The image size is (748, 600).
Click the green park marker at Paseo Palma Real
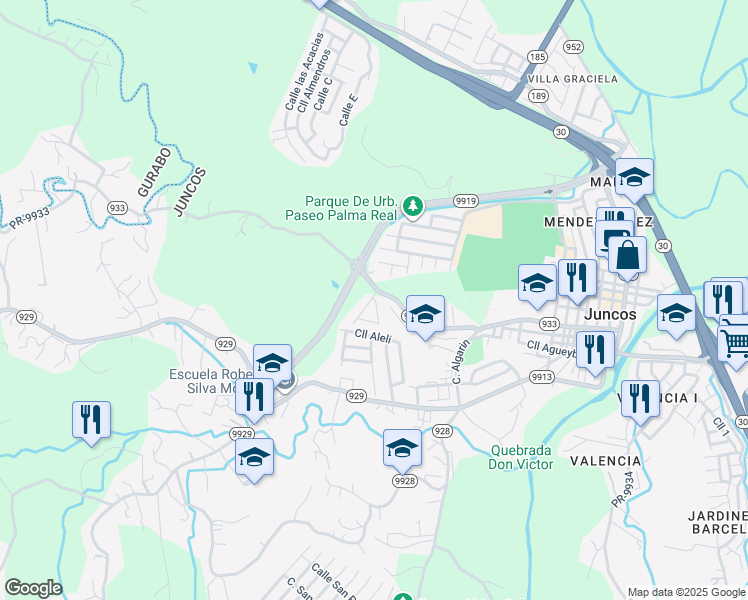[x=413, y=207]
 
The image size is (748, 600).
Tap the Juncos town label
[x=607, y=314]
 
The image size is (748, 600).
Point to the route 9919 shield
[x=465, y=200]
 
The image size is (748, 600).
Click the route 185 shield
[x=538, y=57]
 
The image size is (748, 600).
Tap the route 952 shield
[x=573, y=47]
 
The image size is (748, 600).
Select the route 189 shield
[x=539, y=95]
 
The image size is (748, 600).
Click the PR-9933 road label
[x=30, y=217]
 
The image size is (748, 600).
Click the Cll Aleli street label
[x=371, y=337]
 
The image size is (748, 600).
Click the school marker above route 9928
[x=402, y=447]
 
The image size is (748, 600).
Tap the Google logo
[x=33, y=588]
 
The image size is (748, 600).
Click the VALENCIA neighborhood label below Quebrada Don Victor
[x=605, y=461]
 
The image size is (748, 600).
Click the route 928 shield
[x=443, y=430]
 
